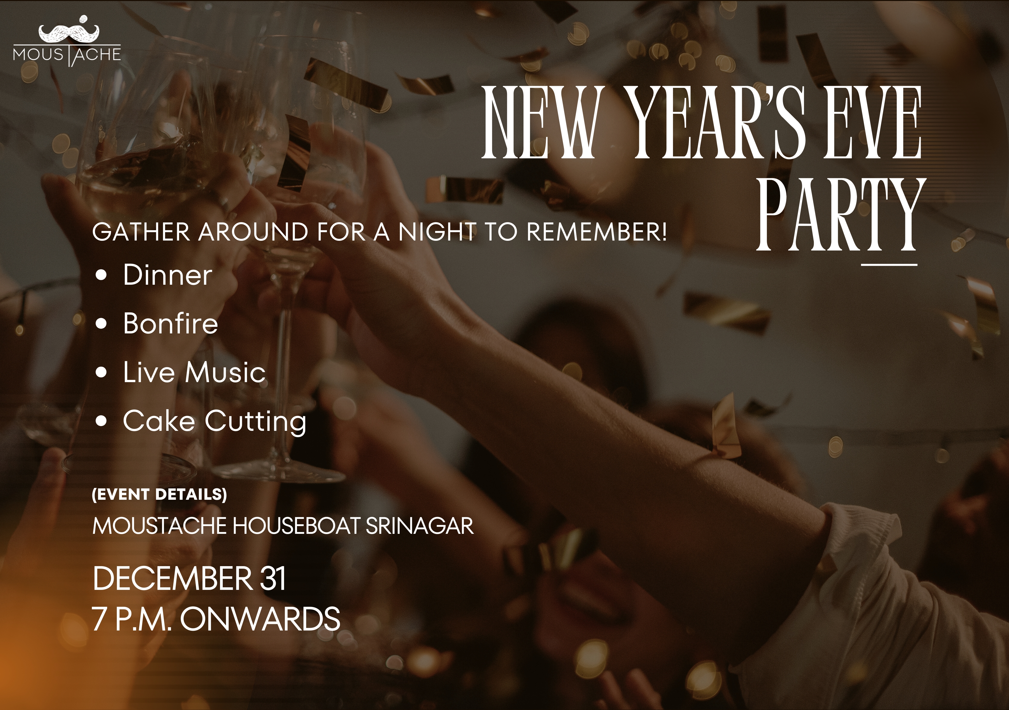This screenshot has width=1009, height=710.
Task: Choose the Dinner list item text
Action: pyautogui.click(x=167, y=275)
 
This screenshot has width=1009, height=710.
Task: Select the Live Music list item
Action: pyautogui.click(x=194, y=372)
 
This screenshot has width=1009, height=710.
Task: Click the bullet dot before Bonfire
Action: pyautogui.click(x=101, y=324)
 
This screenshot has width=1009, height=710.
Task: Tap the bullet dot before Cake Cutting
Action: pyautogui.click(x=101, y=422)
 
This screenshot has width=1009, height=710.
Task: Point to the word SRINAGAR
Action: pyautogui.click(x=420, y=526)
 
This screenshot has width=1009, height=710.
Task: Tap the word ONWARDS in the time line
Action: pyautogui.click(x=260, y=619)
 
